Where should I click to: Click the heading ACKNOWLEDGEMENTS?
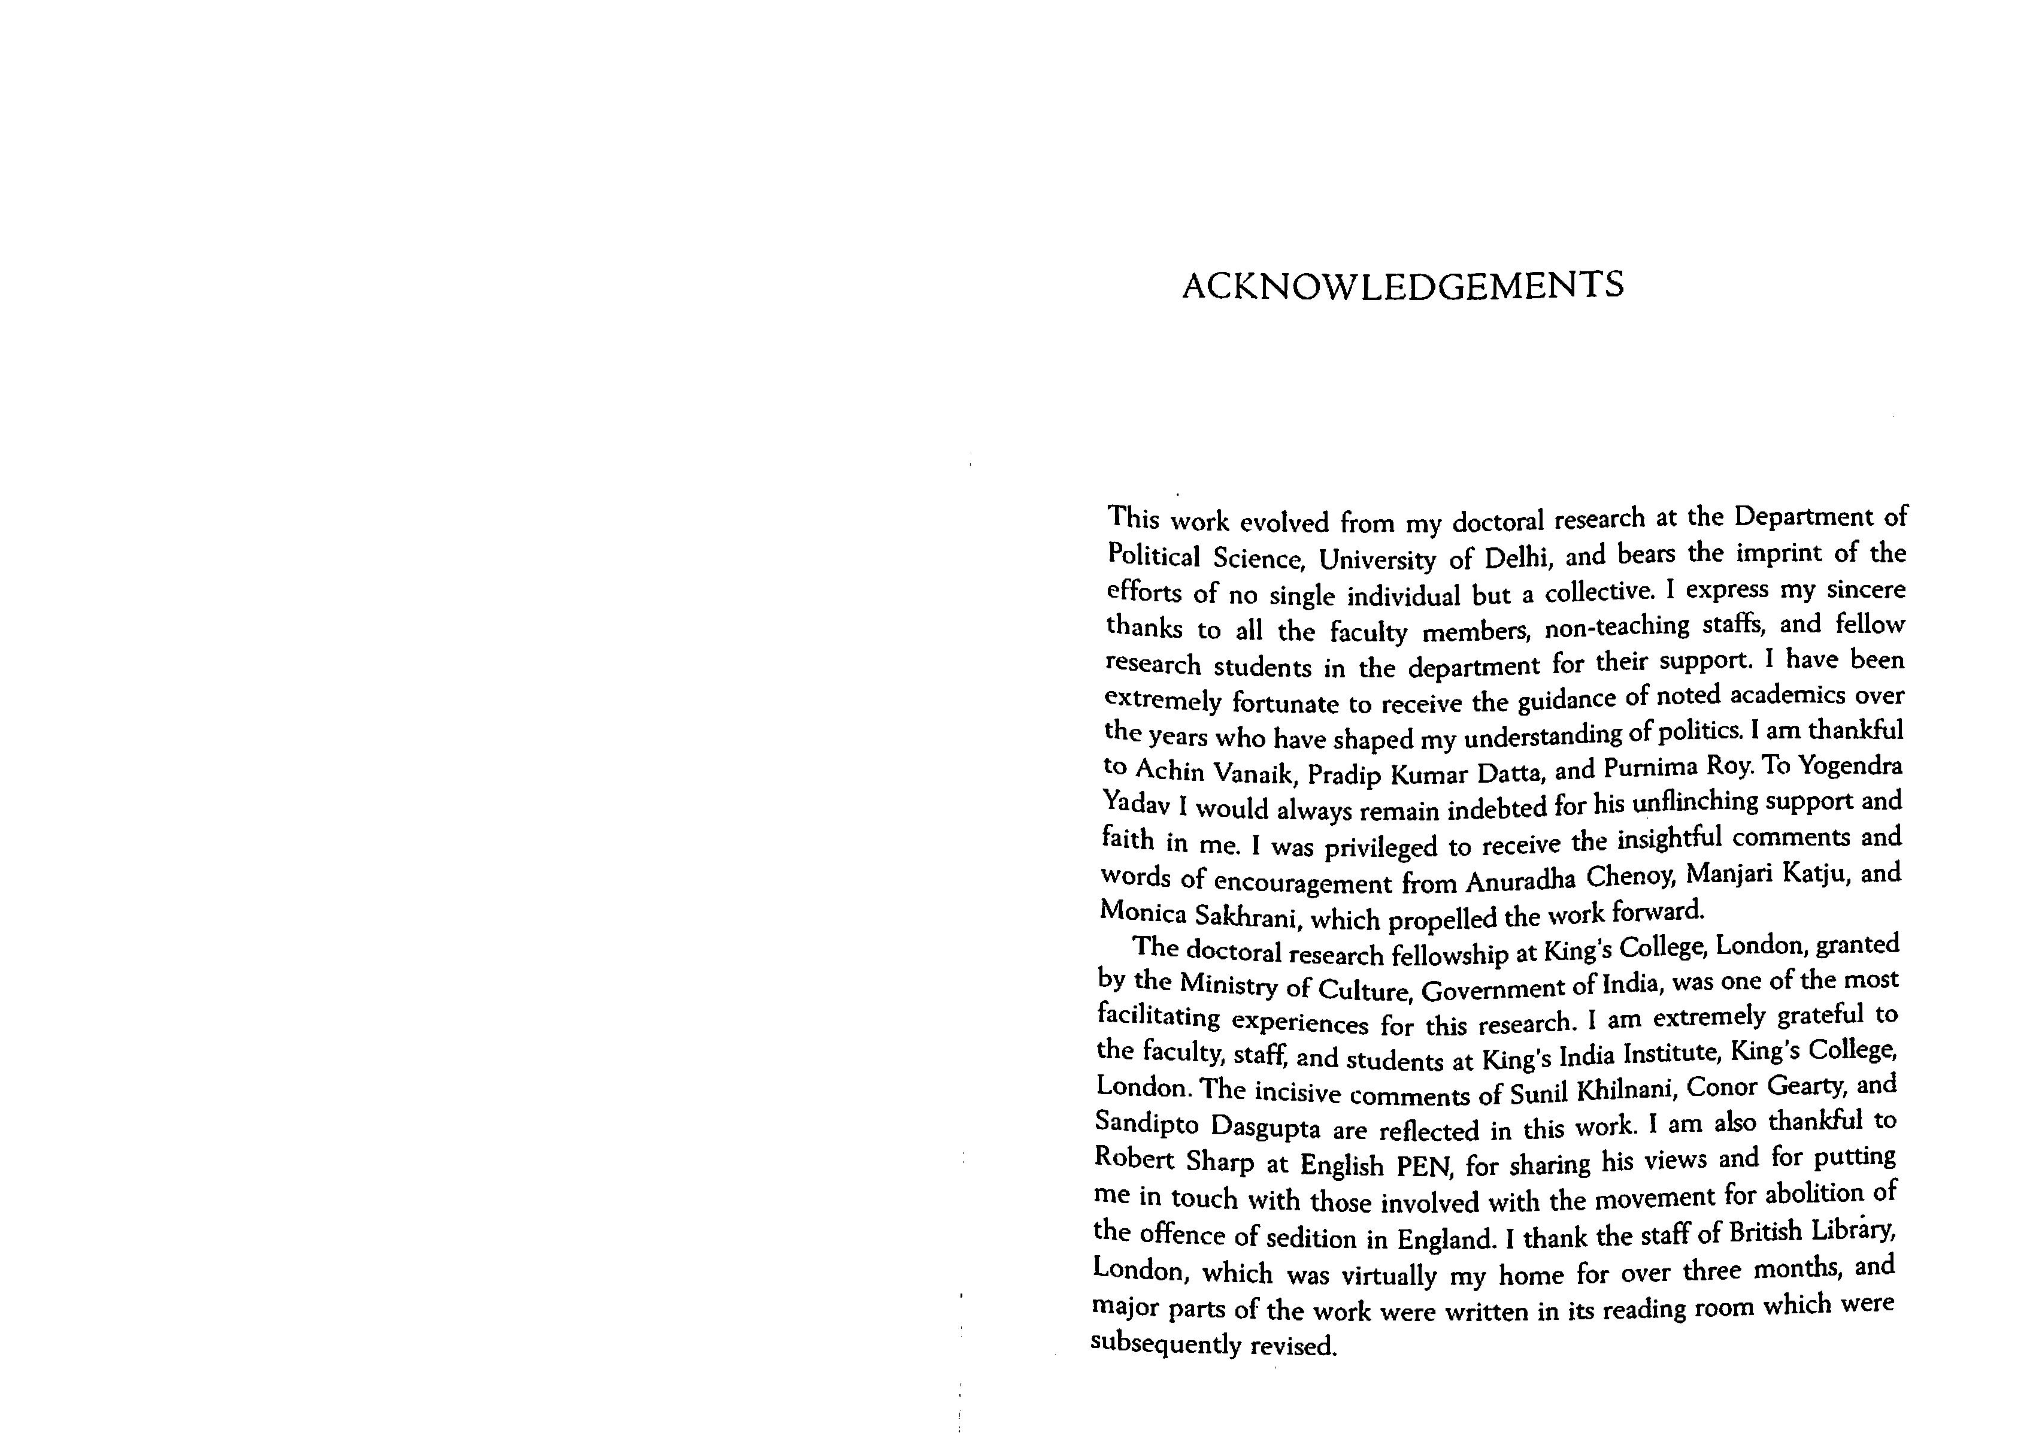[1402, 286]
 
